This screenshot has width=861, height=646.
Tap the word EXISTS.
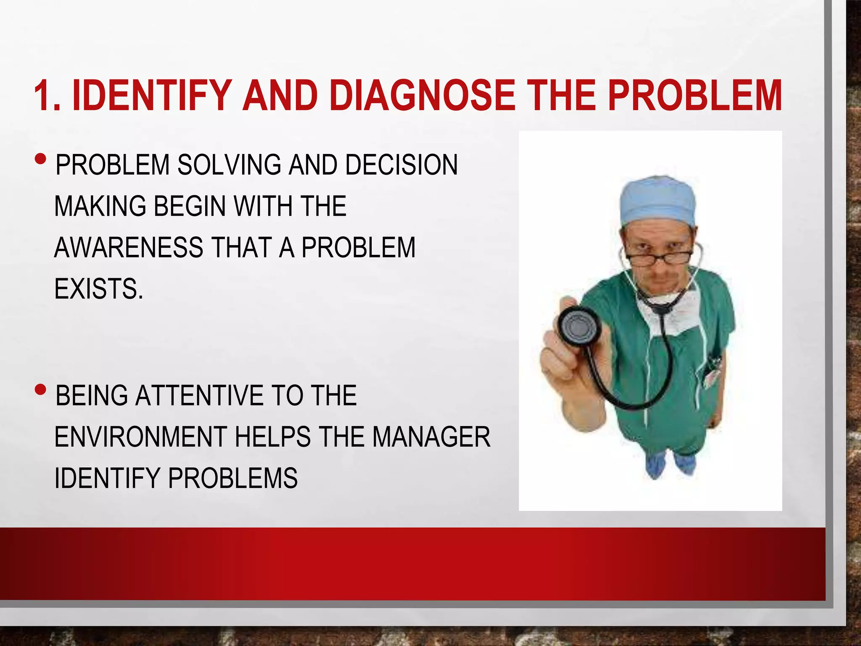(x=98, y=289)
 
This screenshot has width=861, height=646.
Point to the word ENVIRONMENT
(x=141, y=437)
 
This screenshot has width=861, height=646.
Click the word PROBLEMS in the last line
(x=233, y=478)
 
